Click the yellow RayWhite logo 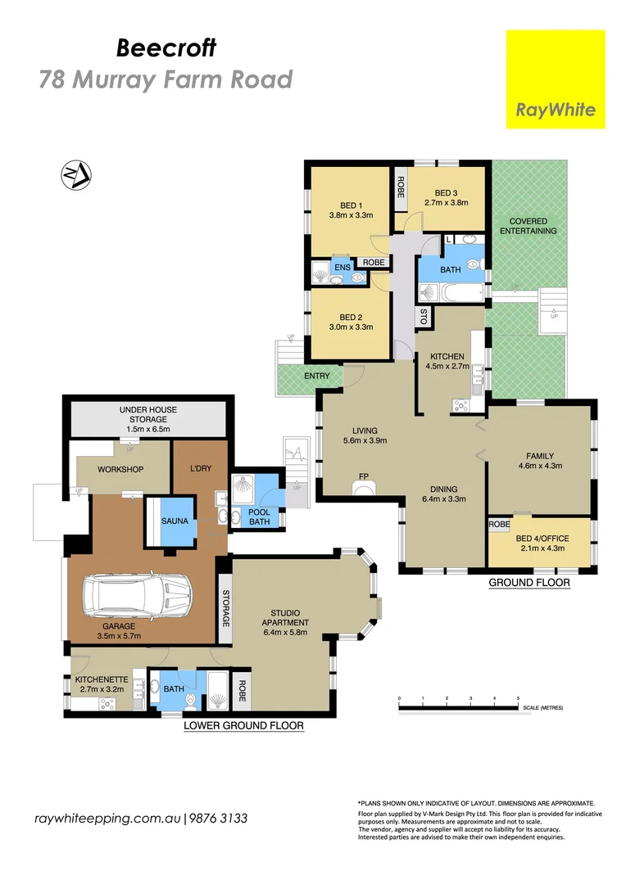click(x=556, y=79)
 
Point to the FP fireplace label click(x=363, y=476)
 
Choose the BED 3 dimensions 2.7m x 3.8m click(x=445, y=202)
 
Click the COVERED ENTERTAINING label click(x=533, y=226)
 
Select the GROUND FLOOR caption click(x=528, y=583)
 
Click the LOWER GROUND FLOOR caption click(x=243, y=725)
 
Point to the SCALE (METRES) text click(x=542, y=707)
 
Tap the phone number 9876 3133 click(x=219, y=819)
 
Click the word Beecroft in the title click(x=166, y=48)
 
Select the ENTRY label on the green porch click(x=316, y=376)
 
